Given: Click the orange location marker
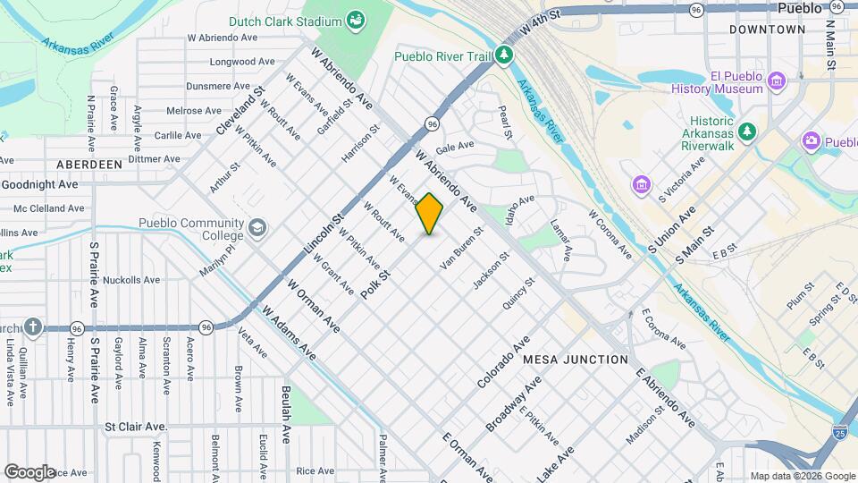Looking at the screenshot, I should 430,214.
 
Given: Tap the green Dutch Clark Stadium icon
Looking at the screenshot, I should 357,20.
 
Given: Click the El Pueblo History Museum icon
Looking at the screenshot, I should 777,82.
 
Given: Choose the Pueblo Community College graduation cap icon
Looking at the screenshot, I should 258,229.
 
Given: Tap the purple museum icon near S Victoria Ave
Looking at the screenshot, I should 641,185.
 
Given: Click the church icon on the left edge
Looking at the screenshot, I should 33,327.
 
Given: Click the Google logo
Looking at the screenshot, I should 29,471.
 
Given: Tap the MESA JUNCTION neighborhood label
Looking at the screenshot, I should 576,360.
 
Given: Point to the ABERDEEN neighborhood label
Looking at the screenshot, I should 88,165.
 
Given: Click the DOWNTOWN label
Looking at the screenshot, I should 767,30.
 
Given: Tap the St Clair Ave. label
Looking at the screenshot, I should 136,428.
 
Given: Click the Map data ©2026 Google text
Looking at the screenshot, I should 801,476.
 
